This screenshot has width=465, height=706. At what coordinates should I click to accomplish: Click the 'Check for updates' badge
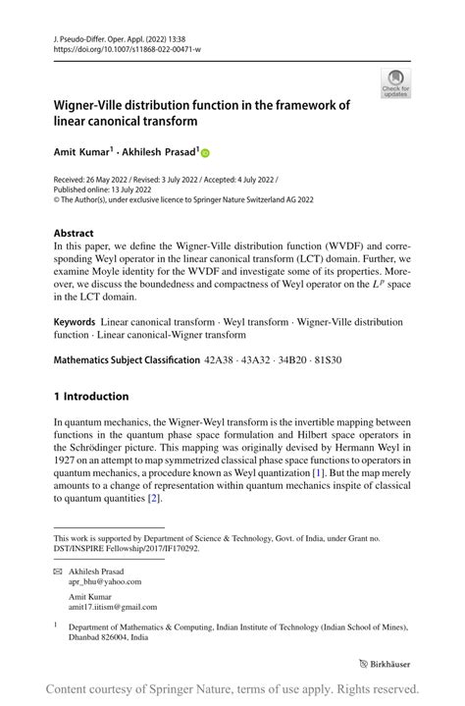pyautogui.click(x=395, y=83)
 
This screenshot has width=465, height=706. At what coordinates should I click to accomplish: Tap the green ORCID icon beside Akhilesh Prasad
pyautogui.click(x=206, y=153)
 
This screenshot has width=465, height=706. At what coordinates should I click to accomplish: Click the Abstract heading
pyautogui.click(x=74, y=235)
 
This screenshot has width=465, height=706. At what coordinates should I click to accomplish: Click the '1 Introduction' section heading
pyautogui.click(x=90, y=397)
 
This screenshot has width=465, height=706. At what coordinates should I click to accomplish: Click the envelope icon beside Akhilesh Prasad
pyautogui.click(x=58, y=570)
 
